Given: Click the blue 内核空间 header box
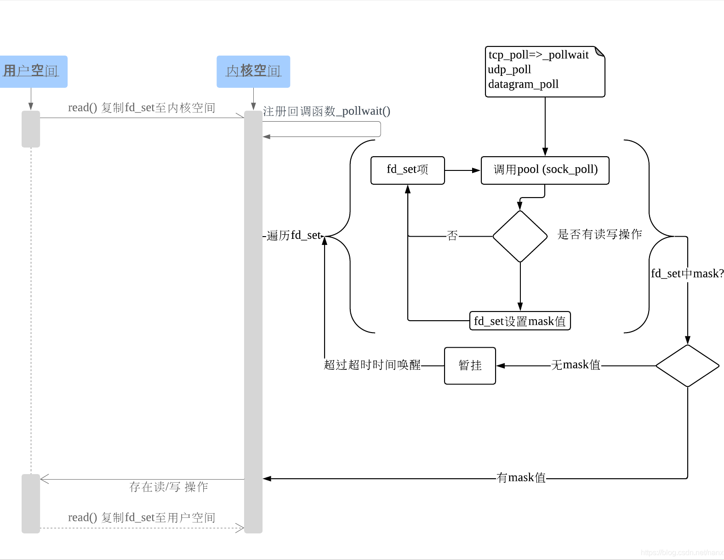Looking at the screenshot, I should (253, 71).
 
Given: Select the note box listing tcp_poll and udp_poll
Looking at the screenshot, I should (545, 71).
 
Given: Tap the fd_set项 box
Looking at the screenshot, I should (407, 170).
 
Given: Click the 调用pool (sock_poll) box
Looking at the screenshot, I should (545, 170).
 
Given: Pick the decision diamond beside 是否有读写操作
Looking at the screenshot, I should (520, 237).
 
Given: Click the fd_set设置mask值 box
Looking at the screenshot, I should (519, 321).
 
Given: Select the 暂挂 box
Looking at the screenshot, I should (470, 366).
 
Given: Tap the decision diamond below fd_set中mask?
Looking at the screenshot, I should (687, 366).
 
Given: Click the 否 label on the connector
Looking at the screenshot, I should (452, 236).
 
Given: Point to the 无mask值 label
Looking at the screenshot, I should (576, 365).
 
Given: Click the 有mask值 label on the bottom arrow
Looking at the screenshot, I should (521, 478).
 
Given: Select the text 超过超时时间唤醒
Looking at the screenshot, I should (372, 365).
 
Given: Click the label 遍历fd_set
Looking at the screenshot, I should (294, 236).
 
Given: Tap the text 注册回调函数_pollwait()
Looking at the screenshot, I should (326, 111).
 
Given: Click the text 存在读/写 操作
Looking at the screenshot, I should (168, 487).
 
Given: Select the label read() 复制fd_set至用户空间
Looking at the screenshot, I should (142, 518).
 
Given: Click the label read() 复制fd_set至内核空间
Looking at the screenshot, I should (142, 108).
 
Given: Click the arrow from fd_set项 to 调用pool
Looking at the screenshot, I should (462, 170).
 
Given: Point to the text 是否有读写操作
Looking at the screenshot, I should (599, 234).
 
